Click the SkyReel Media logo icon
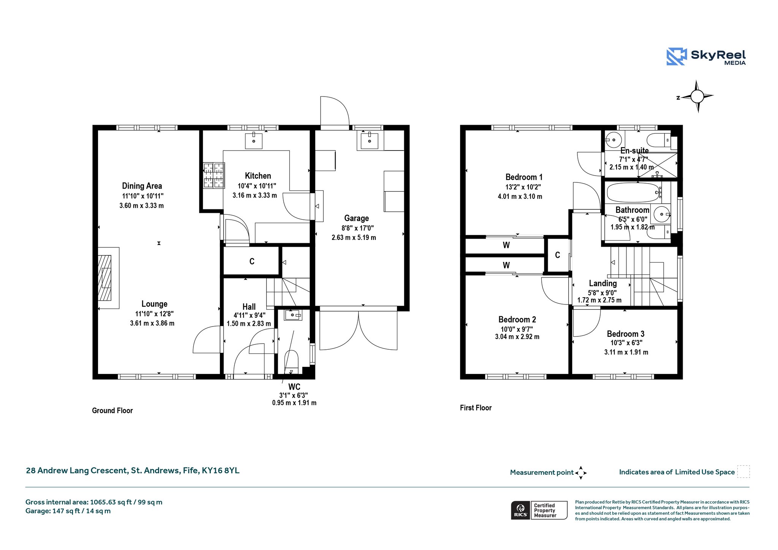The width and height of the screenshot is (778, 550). [677, 57]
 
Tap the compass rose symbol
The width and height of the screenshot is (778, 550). [697, 97]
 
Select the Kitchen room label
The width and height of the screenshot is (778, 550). [258, 176]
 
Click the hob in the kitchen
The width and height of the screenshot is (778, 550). [214, 175]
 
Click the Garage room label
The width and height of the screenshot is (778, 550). [356, 218]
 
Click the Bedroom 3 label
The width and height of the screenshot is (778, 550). [626, 334]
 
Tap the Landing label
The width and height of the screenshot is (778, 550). [603, 283]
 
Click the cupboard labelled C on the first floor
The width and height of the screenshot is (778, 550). [557, 255]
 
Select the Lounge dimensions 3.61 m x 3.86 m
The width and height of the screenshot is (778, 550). [152, 323]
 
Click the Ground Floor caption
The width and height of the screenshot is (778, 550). [112, 411]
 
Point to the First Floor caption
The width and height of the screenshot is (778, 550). [476, 408]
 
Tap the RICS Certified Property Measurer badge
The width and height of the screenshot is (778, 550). [539, 510]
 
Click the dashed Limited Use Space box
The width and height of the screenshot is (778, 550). [743, 472]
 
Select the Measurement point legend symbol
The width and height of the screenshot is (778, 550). [581, 473]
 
